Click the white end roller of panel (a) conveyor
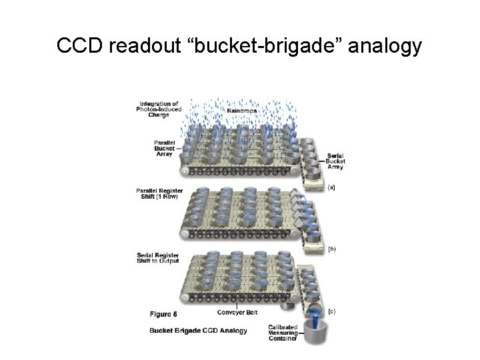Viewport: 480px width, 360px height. [x=183, y=171]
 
